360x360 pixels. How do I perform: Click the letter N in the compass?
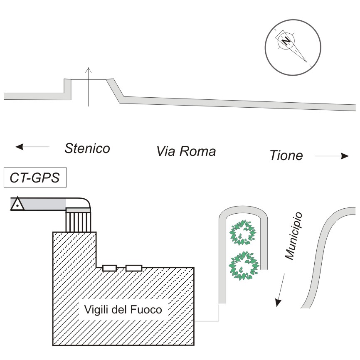point(286,41)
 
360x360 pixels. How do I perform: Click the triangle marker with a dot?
point(17,204)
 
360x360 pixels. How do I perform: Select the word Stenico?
point(87,148)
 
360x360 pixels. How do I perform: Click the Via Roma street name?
point(186,151)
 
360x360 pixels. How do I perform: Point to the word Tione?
point(286,156)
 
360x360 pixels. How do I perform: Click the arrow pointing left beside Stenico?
point(32,146)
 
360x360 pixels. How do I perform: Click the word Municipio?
point(294,237)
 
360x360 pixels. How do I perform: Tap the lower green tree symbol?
point(243,265)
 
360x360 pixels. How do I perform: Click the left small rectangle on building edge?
point(109,268)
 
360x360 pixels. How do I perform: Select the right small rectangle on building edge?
point(134,268)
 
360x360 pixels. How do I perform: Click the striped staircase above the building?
point(78,220)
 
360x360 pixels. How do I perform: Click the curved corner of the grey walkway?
point(83,202)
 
